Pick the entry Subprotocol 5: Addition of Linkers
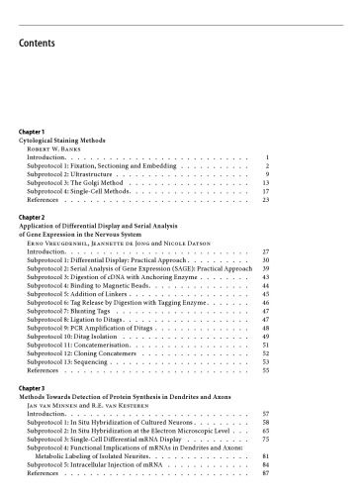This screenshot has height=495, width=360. coord(84,294)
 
